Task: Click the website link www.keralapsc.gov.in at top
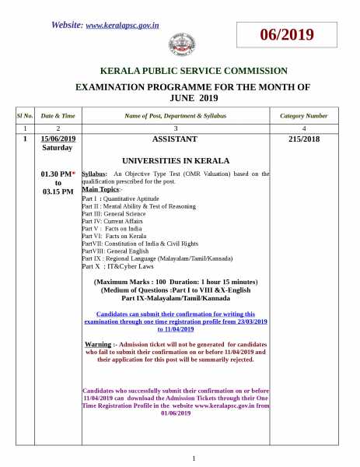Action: tap(122, 25)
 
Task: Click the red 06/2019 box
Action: tap(287, 35)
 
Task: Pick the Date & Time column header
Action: tap(58, 115)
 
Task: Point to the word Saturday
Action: tap(58, 147)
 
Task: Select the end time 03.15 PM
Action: tap(58, 191)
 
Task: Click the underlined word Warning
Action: tap(97, 343)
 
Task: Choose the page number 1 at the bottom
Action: tap(194, 458)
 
